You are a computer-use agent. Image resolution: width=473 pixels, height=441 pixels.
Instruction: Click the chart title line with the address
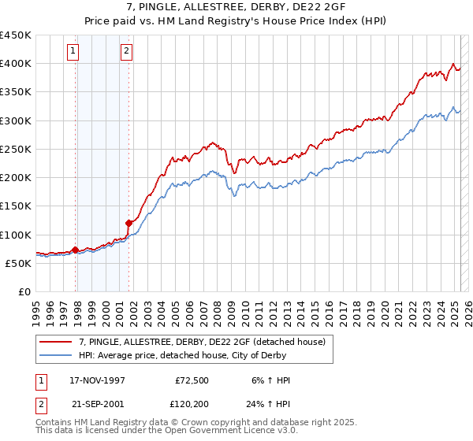(236, 7)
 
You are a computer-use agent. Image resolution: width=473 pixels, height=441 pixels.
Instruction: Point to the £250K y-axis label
(16, 149)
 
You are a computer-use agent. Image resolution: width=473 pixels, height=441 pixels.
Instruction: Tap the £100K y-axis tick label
(16, 235)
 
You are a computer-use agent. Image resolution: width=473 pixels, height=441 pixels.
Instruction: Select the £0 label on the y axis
(24, 292)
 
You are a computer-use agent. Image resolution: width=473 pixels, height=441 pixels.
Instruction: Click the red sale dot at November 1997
(76, 250)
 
